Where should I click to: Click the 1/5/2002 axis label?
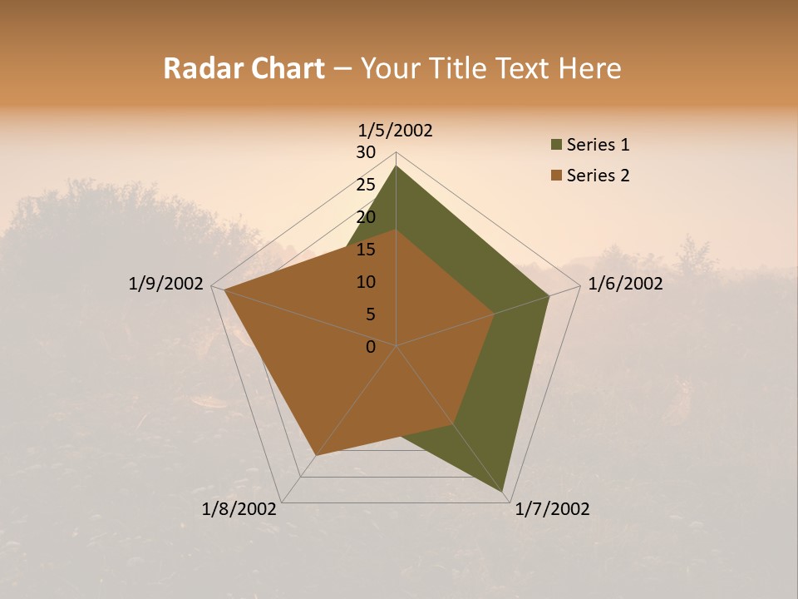pos(396,131)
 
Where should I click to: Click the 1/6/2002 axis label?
pos(625,284)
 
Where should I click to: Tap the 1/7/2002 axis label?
pos(552,509)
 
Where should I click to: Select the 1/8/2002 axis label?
pos(239,509)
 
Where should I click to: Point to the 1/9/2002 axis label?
pos(165,284)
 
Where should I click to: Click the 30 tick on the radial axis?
pos(366,152)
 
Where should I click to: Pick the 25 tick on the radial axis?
pos(366,185)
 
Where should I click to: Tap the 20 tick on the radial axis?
pos(366,217)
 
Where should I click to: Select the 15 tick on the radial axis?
pos(366,250)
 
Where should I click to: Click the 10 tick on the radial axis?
pos(366,282)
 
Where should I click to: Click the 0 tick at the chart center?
pos(371,347)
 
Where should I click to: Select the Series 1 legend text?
pos(598,145)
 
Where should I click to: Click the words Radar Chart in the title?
pos(244,68)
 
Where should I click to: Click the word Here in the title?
pos(589,68)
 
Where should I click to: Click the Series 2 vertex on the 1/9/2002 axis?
pos(224,290)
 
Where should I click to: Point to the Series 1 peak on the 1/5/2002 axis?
pos(396,166)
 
